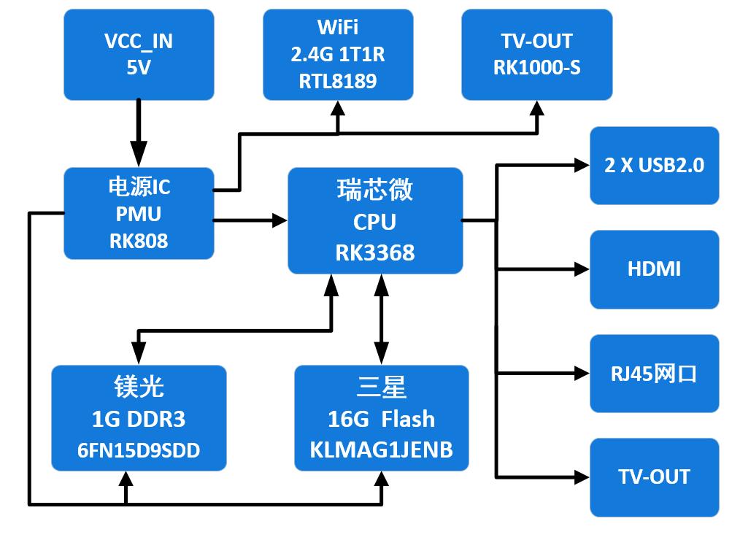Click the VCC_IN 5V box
[139, 55]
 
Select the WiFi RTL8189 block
[338, 55]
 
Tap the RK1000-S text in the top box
[537, 67]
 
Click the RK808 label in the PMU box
[139, 241]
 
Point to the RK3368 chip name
[375, 252]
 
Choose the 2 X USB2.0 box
[654, 165]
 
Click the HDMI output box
[654, 269]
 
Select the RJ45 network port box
[654, 374]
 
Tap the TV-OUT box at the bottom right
[654, 477]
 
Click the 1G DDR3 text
[139, 419]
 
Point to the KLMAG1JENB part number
[381, 450]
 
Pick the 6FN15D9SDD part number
[139, 450]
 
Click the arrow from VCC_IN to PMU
[138, 131]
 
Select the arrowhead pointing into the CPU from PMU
[280, 220]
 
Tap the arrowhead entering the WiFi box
[338, 109]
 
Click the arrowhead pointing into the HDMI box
[582, 269]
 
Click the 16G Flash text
[381, 419]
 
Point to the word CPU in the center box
[375, 221]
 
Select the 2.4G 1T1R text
[338, 55]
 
